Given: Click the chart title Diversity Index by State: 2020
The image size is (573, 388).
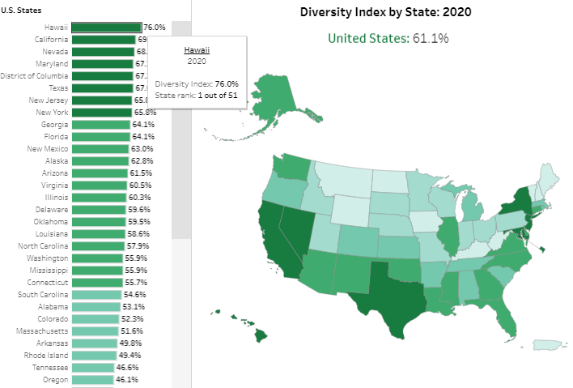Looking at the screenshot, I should tap(385, 12).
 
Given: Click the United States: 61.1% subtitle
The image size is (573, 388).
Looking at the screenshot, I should tap(388, 38).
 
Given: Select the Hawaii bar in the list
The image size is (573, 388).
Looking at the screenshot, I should tap(106, 27).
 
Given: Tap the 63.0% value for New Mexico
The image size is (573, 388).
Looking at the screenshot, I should tap(142, 149).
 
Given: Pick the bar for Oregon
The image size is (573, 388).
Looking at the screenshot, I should tap(93, 379).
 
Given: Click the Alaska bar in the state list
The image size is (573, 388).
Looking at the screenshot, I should tap(100, 161).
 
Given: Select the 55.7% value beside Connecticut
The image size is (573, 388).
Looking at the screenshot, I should tap(136, 282).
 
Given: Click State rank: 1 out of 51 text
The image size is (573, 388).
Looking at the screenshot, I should tap(196, 95).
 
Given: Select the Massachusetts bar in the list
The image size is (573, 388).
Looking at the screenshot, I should tap(94, 330).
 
